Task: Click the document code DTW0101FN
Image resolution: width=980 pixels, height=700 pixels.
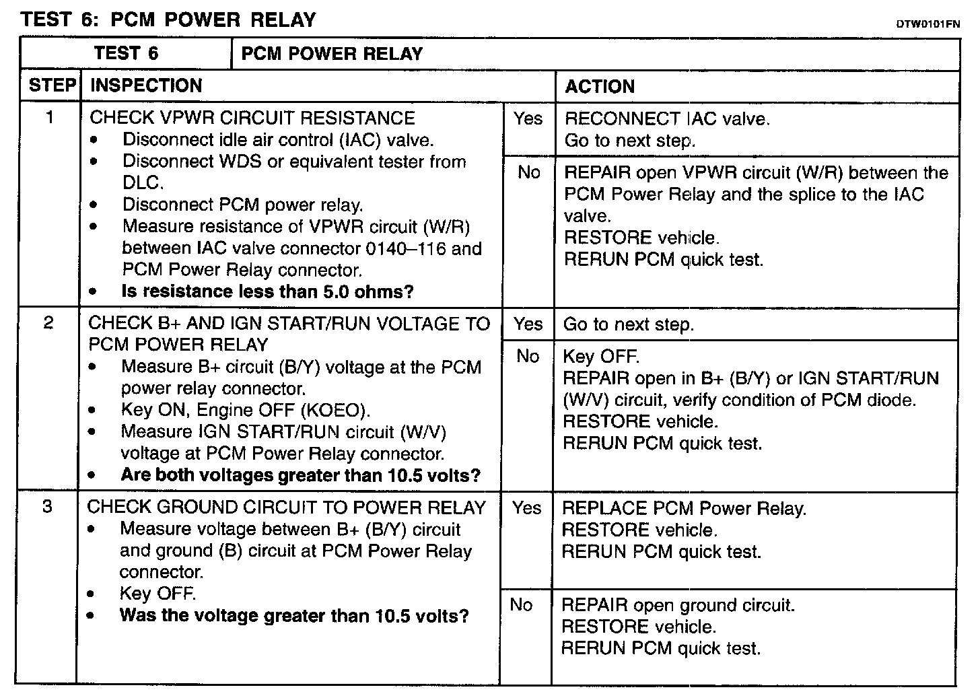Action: [928, 25]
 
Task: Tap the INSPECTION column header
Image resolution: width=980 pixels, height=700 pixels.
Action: [146, 85]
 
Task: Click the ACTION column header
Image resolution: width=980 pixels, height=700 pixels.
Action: [600, 86]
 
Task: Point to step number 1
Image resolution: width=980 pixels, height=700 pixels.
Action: [49, 118]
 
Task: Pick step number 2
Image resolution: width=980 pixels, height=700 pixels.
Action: [48, 323]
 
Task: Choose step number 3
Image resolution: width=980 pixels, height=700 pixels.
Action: [47, 506]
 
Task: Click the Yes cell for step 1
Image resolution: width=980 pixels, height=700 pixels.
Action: [528, 119]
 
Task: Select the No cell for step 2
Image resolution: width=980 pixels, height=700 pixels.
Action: [528, 356]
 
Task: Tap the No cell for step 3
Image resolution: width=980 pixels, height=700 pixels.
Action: [522, 605]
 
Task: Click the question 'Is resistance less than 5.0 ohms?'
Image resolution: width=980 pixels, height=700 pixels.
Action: [267, 291]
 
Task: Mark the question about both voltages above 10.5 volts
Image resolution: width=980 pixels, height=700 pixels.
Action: [300, 475]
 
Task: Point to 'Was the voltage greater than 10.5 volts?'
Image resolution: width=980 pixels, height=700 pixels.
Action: [294, 616]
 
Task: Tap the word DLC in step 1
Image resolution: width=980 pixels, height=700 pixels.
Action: [141, 183]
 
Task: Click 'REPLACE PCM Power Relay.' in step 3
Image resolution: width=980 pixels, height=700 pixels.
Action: [684, 508]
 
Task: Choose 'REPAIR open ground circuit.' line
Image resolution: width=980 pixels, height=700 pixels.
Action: [678, 605]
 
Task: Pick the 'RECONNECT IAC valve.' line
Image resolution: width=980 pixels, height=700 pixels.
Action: [667, 119]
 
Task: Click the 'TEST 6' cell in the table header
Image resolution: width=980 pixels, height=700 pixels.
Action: [126, 54]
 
